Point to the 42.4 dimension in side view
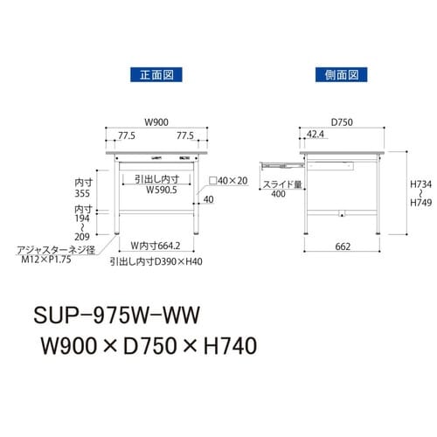click(316, 135)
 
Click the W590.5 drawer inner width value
click(162, 188)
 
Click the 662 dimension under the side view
click(342, 246)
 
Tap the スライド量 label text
click(280, 184)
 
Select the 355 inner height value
click(84, 196)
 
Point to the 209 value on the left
click(84, 237)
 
